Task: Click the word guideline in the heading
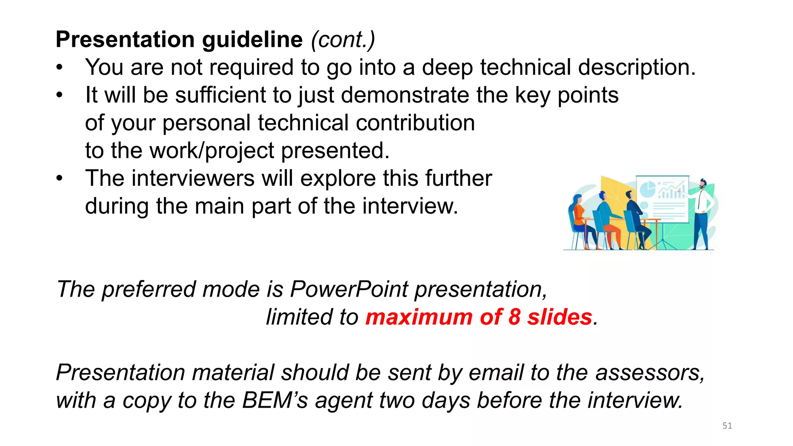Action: [252, 40]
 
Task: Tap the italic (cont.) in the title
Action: [343, 40]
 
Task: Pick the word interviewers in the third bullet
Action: [193, 178]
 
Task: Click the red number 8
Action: [514, 317]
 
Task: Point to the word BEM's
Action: [275, 400]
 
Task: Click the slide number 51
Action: [727, 426]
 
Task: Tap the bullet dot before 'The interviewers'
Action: [59, 178]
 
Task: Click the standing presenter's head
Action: [703, 184]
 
